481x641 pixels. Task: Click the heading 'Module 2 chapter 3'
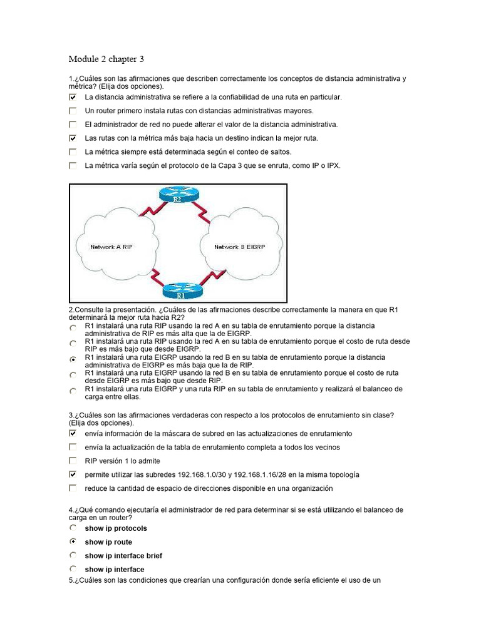106,59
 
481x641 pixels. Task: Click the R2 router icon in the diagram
177,197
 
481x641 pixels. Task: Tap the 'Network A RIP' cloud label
111,247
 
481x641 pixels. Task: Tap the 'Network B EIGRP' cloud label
239,247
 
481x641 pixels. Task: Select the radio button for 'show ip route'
73,541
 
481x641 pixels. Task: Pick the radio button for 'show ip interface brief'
73,555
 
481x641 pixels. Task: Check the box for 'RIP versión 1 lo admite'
73,461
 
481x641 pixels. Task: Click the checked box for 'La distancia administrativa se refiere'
73,98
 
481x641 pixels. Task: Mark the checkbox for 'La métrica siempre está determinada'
73,152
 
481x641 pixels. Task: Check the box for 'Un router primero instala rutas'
73,111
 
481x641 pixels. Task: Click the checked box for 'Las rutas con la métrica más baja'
73,138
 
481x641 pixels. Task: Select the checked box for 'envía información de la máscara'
73,433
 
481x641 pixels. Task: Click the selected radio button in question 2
73,359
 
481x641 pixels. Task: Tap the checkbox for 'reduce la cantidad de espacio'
73,488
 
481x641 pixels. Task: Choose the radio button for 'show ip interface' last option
73,569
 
